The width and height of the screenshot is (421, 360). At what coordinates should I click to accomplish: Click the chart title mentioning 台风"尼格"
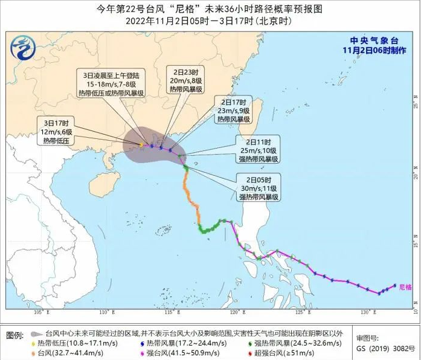click(210, 9)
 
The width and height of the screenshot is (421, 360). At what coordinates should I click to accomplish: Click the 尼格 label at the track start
click(405, 288)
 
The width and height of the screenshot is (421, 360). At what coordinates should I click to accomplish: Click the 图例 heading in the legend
click(14, 334)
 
